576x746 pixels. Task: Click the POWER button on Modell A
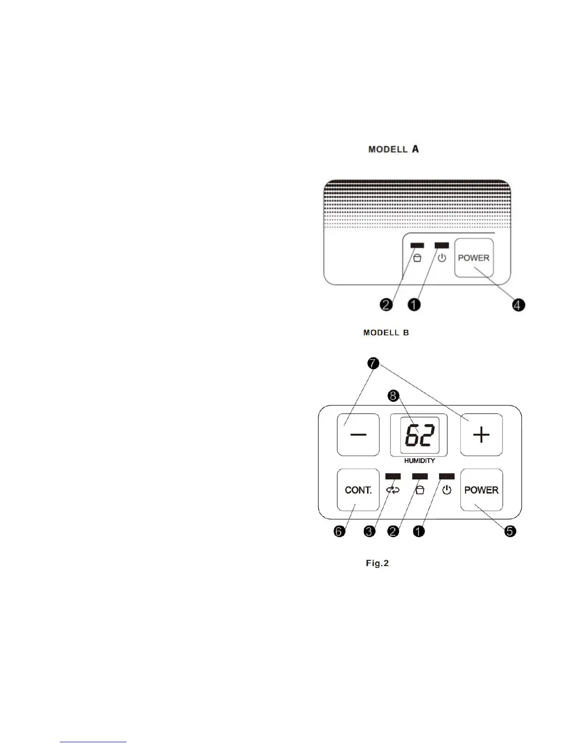(474, 258)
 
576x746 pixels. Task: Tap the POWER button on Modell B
(481, 490)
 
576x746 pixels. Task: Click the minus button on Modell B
(358, 435)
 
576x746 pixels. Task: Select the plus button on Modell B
(481, 435)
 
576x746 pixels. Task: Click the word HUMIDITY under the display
(419, 461)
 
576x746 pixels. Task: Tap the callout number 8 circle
(393, 396)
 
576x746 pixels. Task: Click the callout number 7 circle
(373, 363)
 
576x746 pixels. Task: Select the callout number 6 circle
(339, 531)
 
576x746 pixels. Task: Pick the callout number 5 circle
(510, 531)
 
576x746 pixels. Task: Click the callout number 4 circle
(518, 305)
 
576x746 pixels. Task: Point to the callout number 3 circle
(369, 531)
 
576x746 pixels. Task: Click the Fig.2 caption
(377, 563)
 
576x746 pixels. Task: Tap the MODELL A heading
(393, 149)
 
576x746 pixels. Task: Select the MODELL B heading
(386, 332)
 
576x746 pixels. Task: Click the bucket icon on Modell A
(417, 258)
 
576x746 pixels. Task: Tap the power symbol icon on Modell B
(447, 490)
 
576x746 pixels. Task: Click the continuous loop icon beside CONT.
(393, 490)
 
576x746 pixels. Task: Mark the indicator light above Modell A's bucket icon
(417, 245)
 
